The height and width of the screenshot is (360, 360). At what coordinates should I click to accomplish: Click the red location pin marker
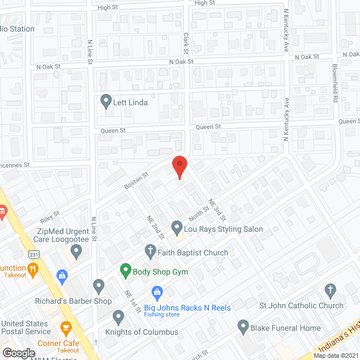[x=179, y=167]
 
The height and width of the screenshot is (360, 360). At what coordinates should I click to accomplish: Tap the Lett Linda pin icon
[x=105, y=101]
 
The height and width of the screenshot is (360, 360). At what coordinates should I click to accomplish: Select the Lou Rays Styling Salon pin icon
[x=177, y=228]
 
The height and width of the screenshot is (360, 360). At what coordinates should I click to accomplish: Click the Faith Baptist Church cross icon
[x=150, y=250]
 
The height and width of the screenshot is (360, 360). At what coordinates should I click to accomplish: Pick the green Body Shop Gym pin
[x=125, y=272]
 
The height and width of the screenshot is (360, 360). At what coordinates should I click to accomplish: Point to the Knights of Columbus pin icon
[x=118, y=317]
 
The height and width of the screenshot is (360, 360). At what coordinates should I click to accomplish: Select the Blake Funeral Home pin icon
[x=243, y=326]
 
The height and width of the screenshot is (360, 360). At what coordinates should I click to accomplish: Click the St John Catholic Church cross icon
[x=330, y=291]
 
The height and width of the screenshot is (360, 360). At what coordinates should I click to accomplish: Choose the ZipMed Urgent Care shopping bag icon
[x=62, y=275]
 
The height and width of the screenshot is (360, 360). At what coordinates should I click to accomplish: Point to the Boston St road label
[x=136, y=181]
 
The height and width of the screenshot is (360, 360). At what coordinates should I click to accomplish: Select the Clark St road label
[x=185, y=39]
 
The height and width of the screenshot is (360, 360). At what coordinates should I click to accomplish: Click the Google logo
[x=18, y=353]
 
